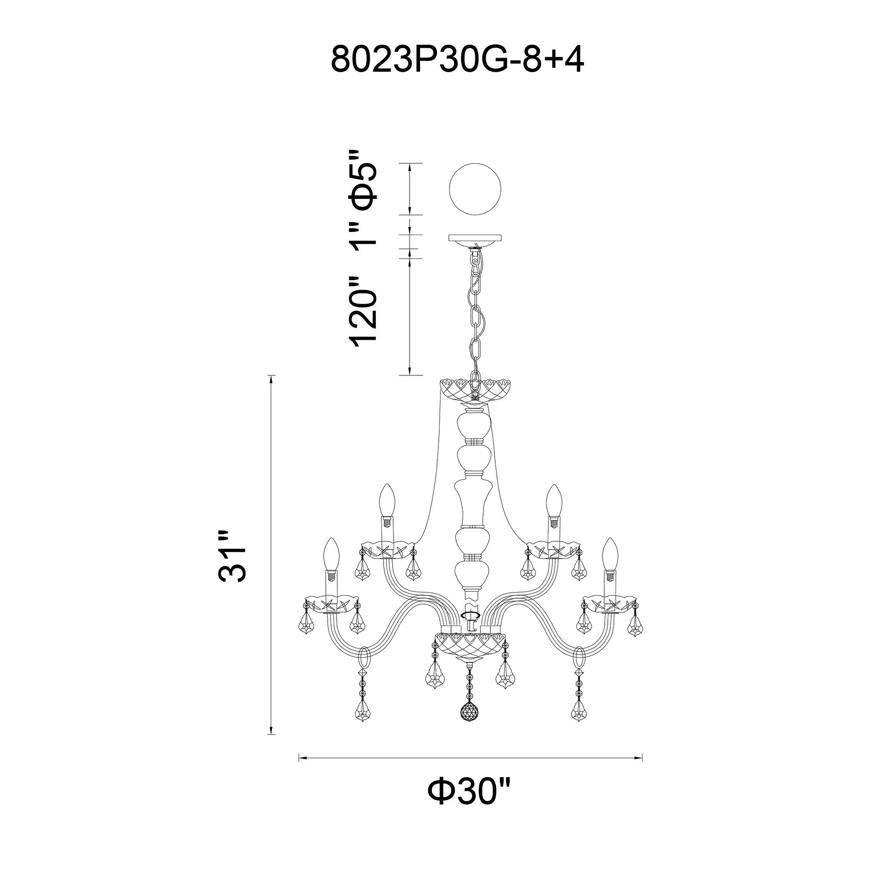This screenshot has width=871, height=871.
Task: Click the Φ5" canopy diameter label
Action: coord(363,186)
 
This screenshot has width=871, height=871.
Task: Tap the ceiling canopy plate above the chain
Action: coord(475,237)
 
